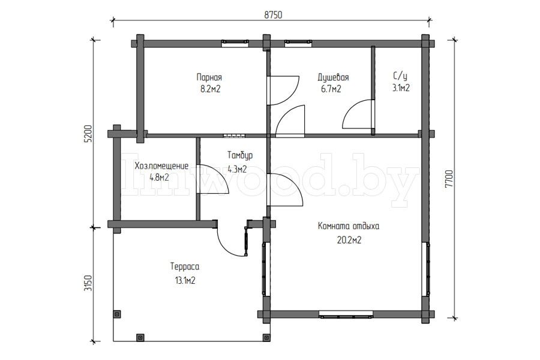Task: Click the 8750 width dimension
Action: [x=273, y=15]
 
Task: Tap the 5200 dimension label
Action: [x=89, y=133]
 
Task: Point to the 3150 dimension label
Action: [x=89, y=283]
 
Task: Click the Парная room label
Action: [x=209, y=77]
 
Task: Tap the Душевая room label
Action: [x=334, y=77]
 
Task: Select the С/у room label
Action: [x=400, y=76]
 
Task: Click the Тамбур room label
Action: [x=240, y=155]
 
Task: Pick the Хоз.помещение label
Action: [x=161, y=166]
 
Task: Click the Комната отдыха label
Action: [x=349, y=226]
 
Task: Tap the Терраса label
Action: [x=185, y=266]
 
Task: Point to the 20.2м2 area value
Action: [x=349, y=240]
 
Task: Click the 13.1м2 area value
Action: [x=185, y=280]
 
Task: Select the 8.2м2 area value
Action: [x=211, y=89]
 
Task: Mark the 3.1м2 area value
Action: [x=401, y=88]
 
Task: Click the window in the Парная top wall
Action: [x=235, y=42]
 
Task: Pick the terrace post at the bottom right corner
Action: [x=266, y=337]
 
